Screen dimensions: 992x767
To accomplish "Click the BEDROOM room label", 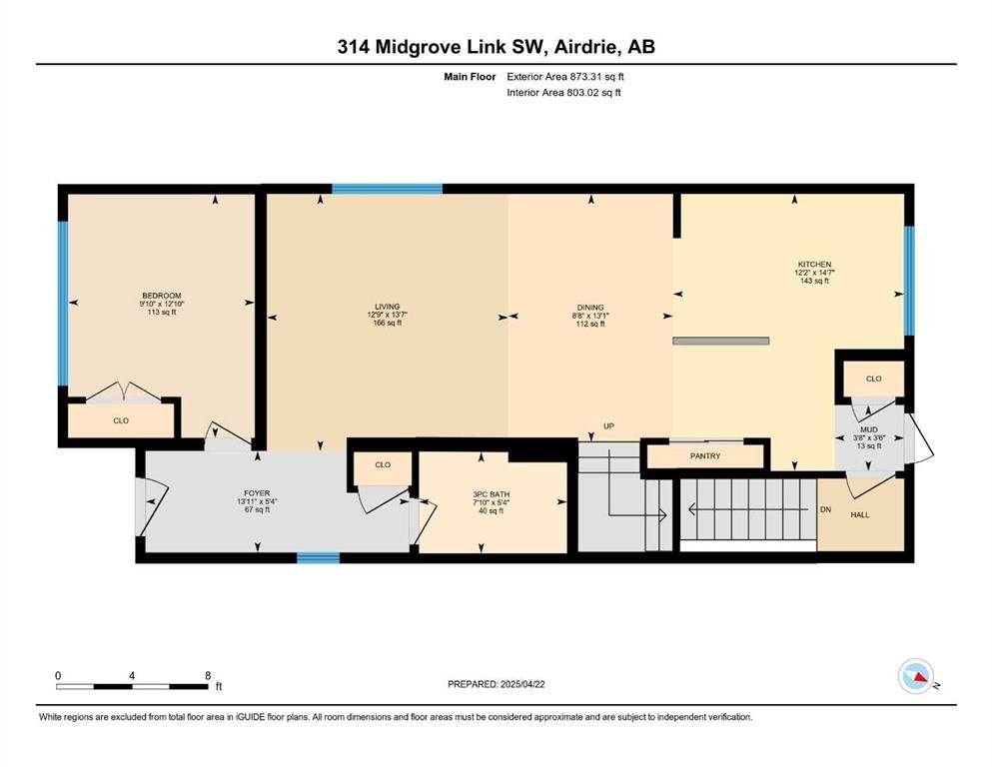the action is pos(161,296).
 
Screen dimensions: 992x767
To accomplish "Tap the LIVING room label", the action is pos(388,307).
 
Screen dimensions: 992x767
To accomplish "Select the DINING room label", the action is pos(590,308).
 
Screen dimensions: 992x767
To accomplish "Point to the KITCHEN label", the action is pos(814,265).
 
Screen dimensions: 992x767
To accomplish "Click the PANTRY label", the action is pos(705,455).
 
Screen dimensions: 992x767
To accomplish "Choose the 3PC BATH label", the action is pos(491,494).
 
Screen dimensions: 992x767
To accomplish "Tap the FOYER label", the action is pos(257,493).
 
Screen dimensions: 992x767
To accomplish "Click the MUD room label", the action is pos(869,430).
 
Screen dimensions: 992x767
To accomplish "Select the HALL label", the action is pos(860,514).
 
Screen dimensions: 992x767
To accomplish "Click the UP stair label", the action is pos(608,426).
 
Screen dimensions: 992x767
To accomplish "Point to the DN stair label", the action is pos(825,509).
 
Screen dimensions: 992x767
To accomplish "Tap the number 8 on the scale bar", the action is pos(208,675).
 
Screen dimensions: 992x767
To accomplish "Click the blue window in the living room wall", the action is pos(388,189).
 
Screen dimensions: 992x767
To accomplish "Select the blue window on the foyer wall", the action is pos(319,557).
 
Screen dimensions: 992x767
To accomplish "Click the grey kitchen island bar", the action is pos(721,341).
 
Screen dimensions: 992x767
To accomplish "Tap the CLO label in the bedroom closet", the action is pos(121,420).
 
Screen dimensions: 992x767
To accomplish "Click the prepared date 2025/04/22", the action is pos(522,684).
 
